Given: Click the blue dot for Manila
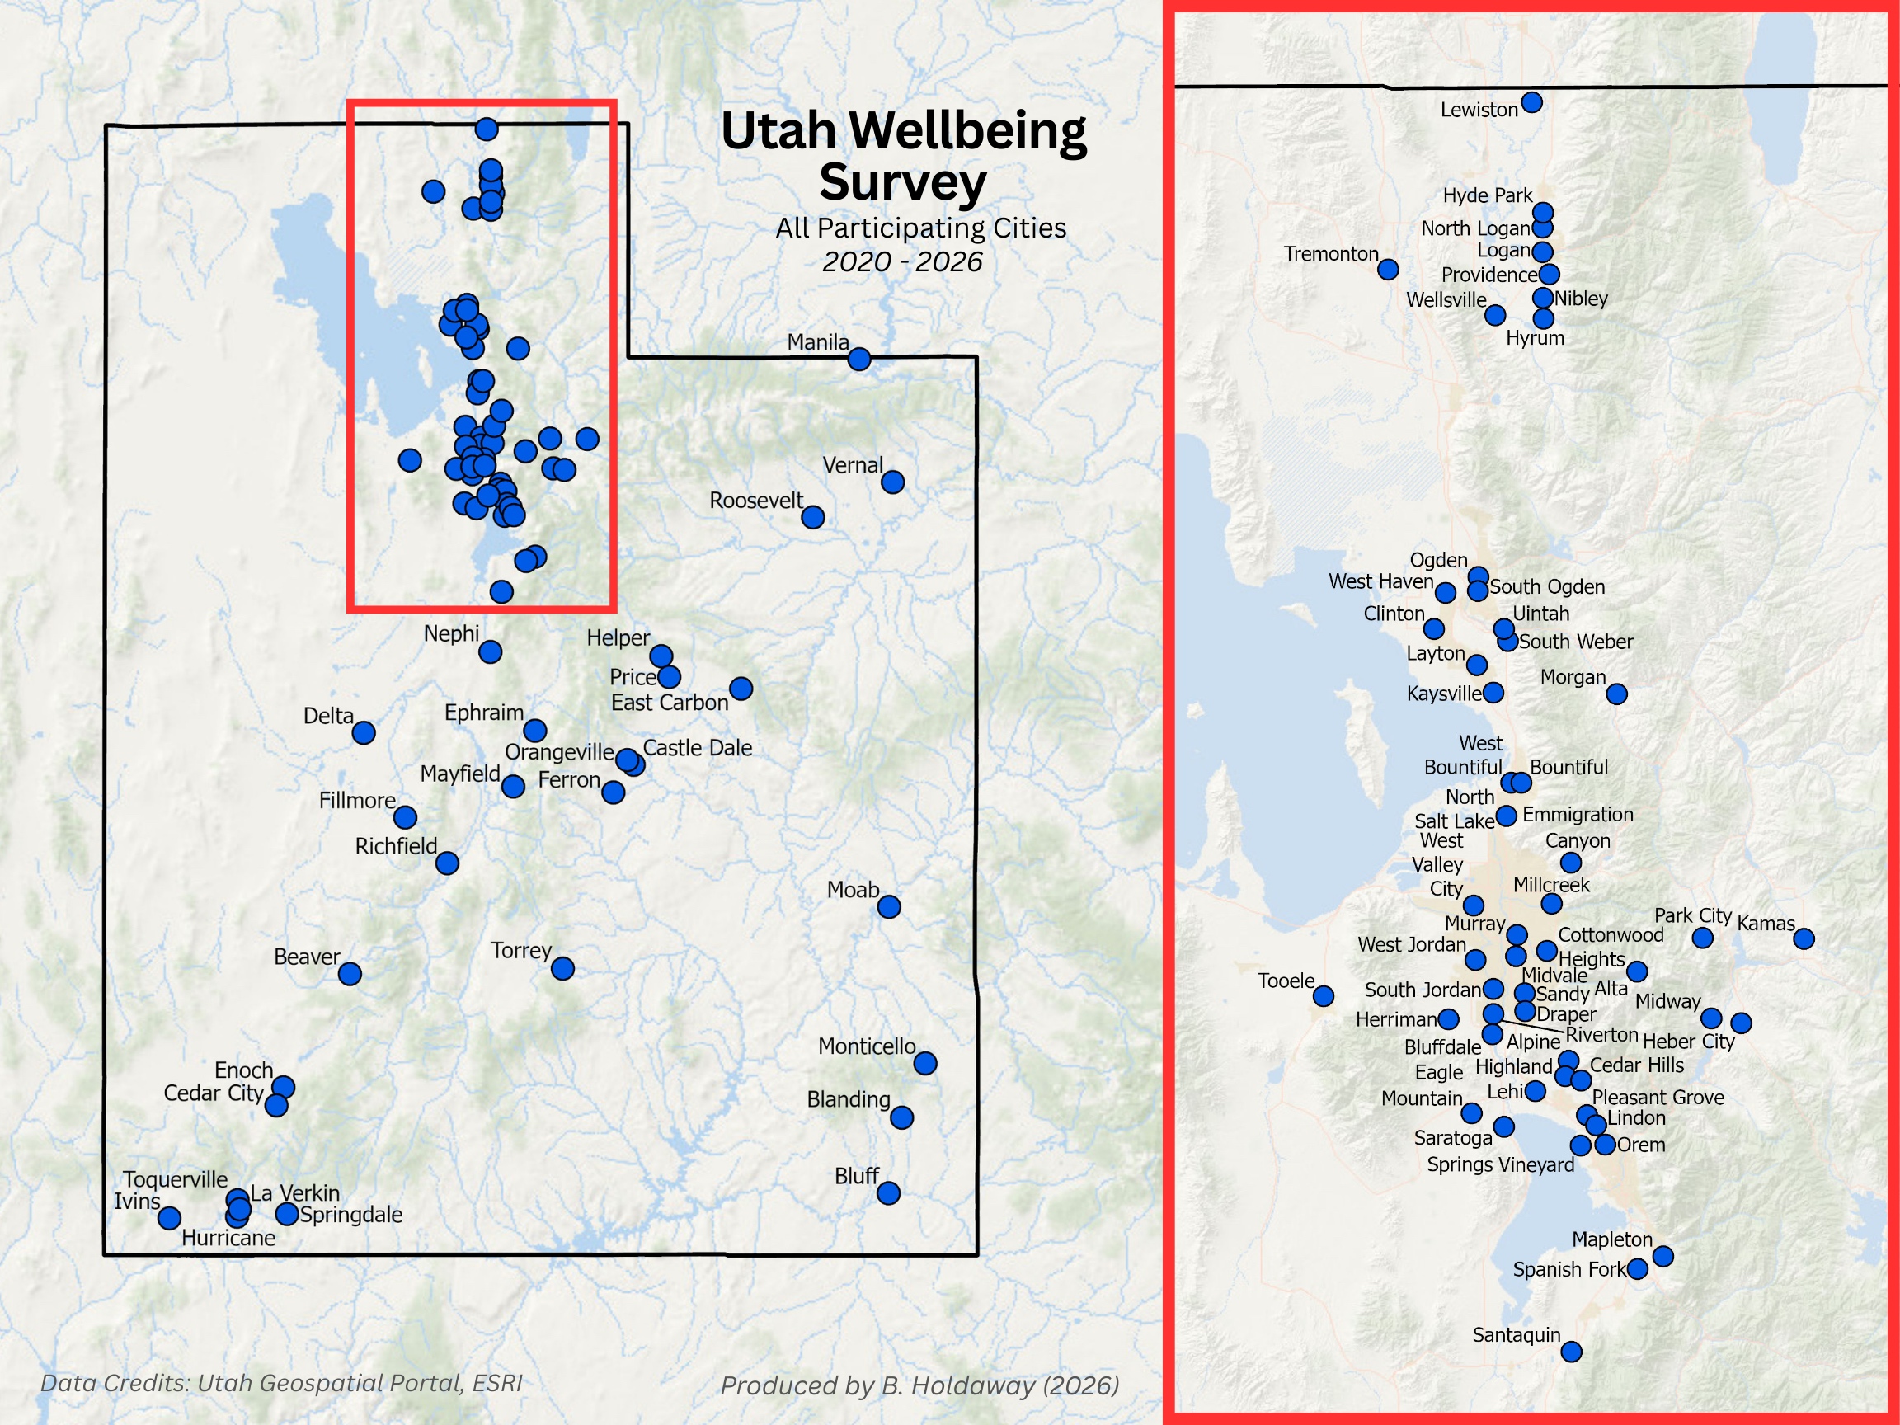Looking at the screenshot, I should (859, 359).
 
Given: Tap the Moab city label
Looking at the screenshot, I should (852, 890).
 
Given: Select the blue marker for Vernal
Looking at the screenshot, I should (892, 482).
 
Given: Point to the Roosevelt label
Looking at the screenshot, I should (756, 501).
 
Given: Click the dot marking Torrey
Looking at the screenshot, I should (562, 969).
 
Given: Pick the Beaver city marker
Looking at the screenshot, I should (350, 974).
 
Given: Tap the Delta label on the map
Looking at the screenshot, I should (328, 717).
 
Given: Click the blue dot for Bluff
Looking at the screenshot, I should (888, 1193).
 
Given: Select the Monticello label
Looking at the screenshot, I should (867, 1047).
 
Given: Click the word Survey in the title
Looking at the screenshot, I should (903, 182).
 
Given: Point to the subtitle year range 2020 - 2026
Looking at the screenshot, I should (902, 262).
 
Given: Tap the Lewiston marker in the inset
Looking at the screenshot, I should (1531, 103).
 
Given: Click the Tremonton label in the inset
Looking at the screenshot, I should (1330, 254).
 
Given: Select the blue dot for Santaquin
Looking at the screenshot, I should (1571, 1352).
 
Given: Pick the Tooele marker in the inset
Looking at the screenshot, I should (1324, 996).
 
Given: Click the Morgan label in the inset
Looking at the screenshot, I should (1573, 678).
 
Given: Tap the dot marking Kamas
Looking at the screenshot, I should (1804, 938).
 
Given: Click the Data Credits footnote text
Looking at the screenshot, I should (281, 1383).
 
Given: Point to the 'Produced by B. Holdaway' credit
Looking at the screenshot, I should (919, 1385).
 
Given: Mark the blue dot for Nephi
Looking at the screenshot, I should (491, 652).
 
